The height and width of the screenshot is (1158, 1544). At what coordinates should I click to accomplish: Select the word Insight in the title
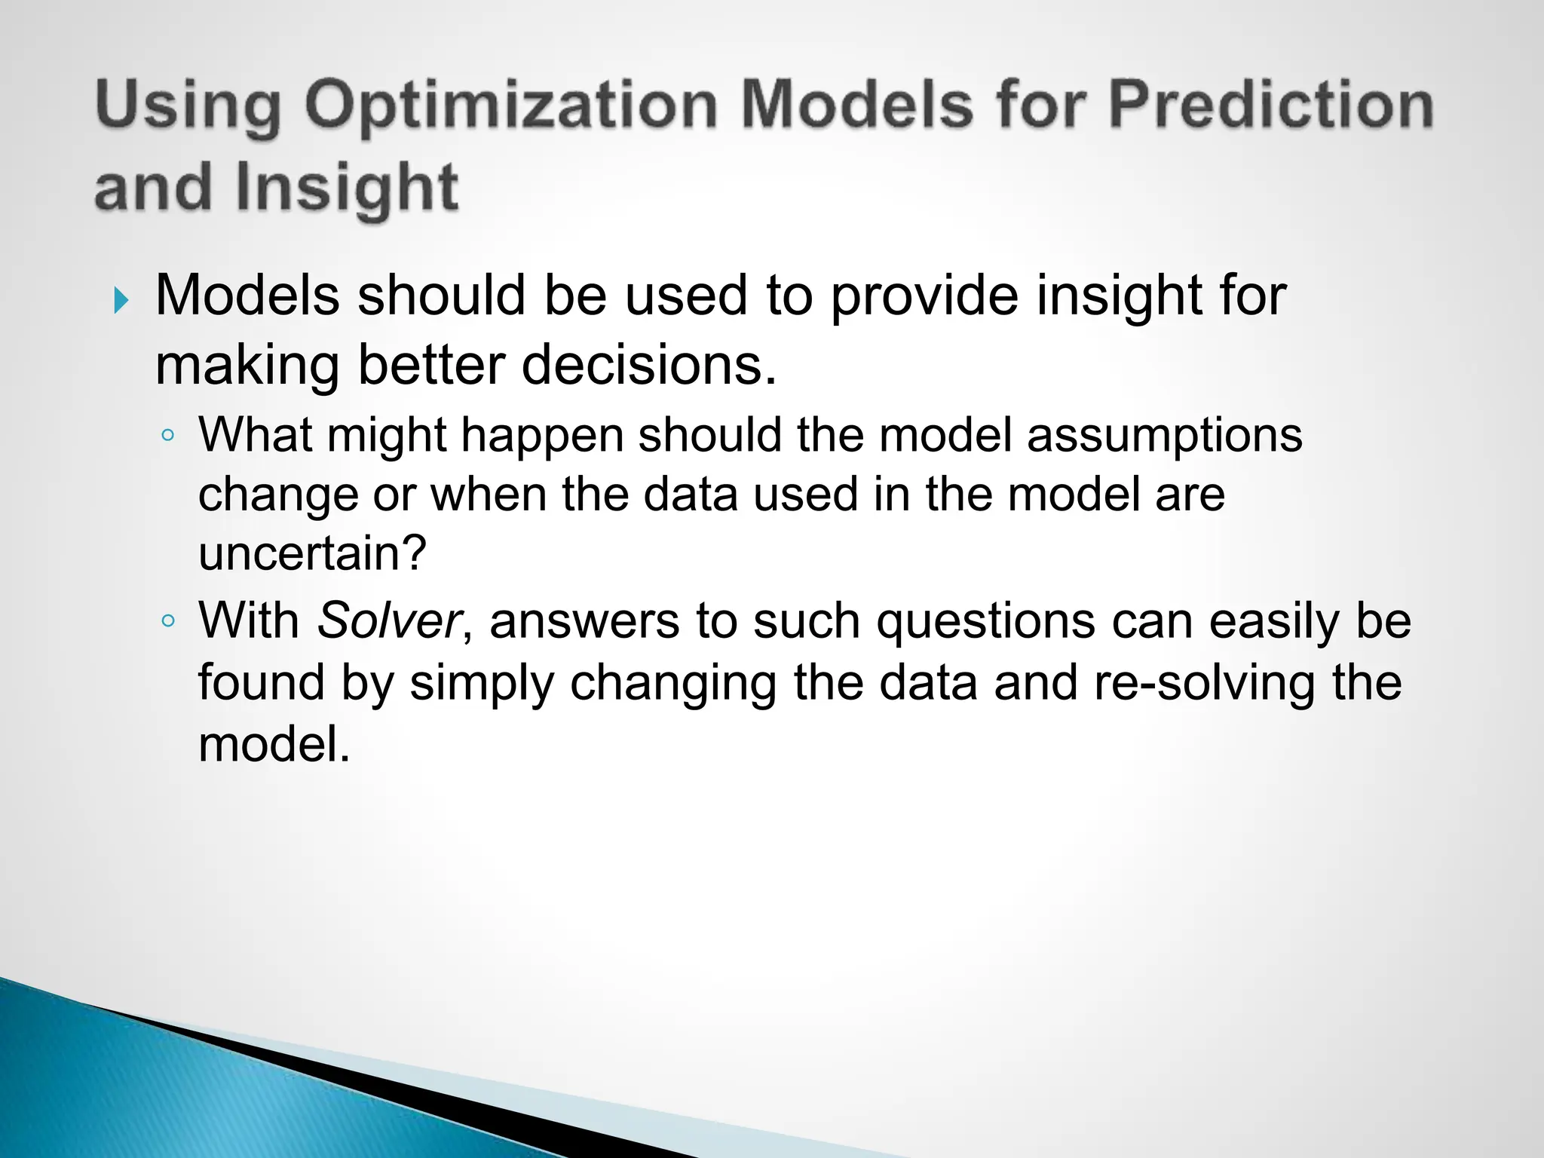point(346,189)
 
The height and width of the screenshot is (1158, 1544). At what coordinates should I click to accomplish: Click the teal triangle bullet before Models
point(121,301)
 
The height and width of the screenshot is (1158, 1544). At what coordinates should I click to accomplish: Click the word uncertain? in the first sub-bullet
point(312,553)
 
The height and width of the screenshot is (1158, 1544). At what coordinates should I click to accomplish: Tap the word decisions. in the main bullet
point(648,365)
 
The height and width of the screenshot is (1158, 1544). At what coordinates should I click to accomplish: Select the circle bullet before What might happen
point(168,435)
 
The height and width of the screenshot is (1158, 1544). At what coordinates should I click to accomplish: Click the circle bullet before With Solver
point(168,621)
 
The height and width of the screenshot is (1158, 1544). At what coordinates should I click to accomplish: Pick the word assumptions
point(1164,435)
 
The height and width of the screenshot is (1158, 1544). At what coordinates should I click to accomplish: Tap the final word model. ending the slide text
point(274,745)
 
